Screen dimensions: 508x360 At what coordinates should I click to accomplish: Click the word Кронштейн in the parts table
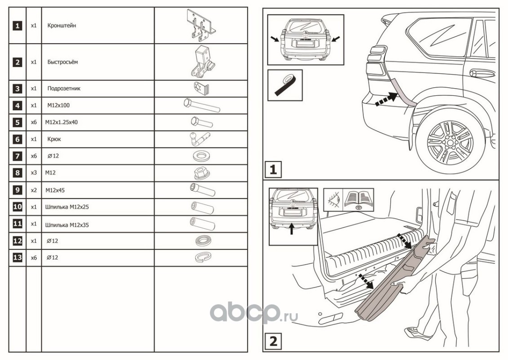pos(62,25)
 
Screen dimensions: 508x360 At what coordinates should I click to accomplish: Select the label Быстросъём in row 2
pos(62,62)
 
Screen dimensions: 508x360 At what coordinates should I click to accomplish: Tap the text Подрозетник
pos(64,88)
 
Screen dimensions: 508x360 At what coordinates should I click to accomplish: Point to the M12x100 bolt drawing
pos(202,105)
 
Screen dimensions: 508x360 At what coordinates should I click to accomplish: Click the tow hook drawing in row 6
pos(199,139)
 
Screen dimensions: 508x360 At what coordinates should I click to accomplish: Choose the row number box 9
pos(17,190)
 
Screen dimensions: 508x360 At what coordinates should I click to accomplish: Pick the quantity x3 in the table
pos(34,173)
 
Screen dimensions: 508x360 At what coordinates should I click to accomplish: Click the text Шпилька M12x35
pos(67,225)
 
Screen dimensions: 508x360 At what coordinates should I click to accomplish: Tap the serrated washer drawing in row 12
pos(203,241)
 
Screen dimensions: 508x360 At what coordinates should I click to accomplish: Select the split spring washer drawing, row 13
pos(202,257)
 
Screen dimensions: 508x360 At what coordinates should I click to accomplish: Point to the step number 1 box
pos(273,169)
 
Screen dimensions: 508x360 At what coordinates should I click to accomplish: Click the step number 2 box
pos(273,341)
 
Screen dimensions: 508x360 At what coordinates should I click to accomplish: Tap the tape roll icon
pos(285,85)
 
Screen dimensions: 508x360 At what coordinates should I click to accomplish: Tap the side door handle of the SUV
pos(482,73)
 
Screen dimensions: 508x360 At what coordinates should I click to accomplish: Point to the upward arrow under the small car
pos(292,228)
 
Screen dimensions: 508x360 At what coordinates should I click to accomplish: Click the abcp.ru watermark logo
pos(254,313)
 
